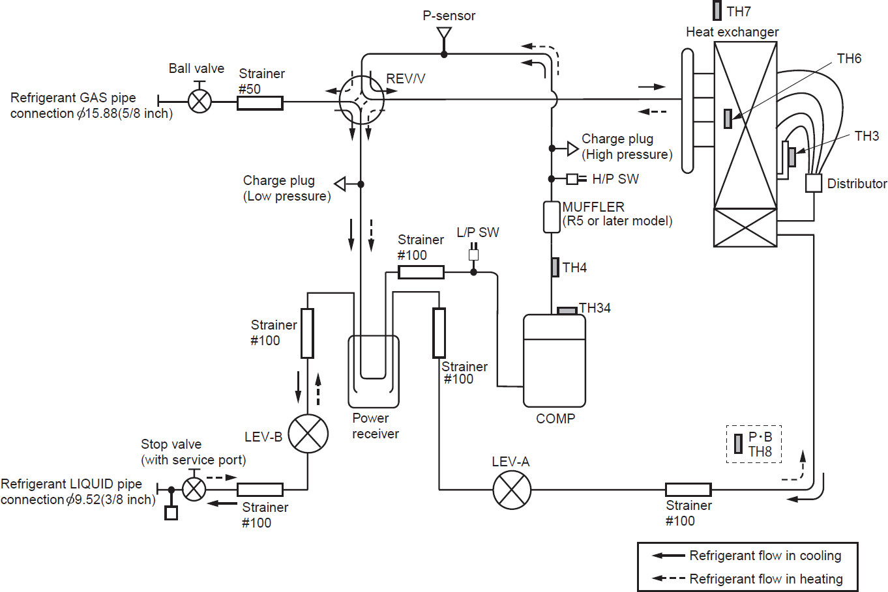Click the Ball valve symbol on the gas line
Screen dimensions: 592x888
200,101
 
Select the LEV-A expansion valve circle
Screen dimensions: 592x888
512,490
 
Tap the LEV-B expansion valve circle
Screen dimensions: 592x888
308,434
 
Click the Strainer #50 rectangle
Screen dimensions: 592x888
259,102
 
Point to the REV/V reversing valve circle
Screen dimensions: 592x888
362,100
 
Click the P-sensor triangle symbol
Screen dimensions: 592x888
444,33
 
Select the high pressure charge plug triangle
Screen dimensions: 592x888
572,148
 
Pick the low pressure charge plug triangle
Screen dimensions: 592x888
340,184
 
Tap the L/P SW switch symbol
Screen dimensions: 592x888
474,254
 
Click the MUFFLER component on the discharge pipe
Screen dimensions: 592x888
552,217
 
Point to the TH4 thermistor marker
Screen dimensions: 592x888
555,267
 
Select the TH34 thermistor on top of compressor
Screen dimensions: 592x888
567,311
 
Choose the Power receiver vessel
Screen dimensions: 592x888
373,371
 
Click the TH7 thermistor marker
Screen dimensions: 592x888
717,10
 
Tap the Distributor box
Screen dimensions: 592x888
814,183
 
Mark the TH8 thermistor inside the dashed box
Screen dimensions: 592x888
738,444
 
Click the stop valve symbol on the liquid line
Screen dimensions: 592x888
194,489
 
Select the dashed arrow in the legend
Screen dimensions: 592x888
668,578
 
